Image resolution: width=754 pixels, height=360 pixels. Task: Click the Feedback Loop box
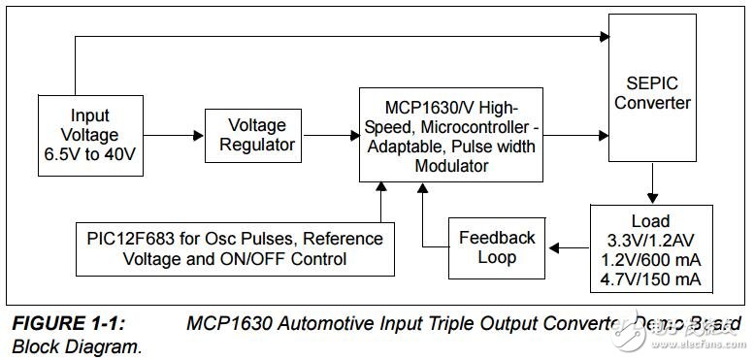click(496, 247)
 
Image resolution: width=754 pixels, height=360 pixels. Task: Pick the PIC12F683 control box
click(235, 247)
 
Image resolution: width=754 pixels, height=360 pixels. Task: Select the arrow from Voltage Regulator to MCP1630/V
click(328, 136)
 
